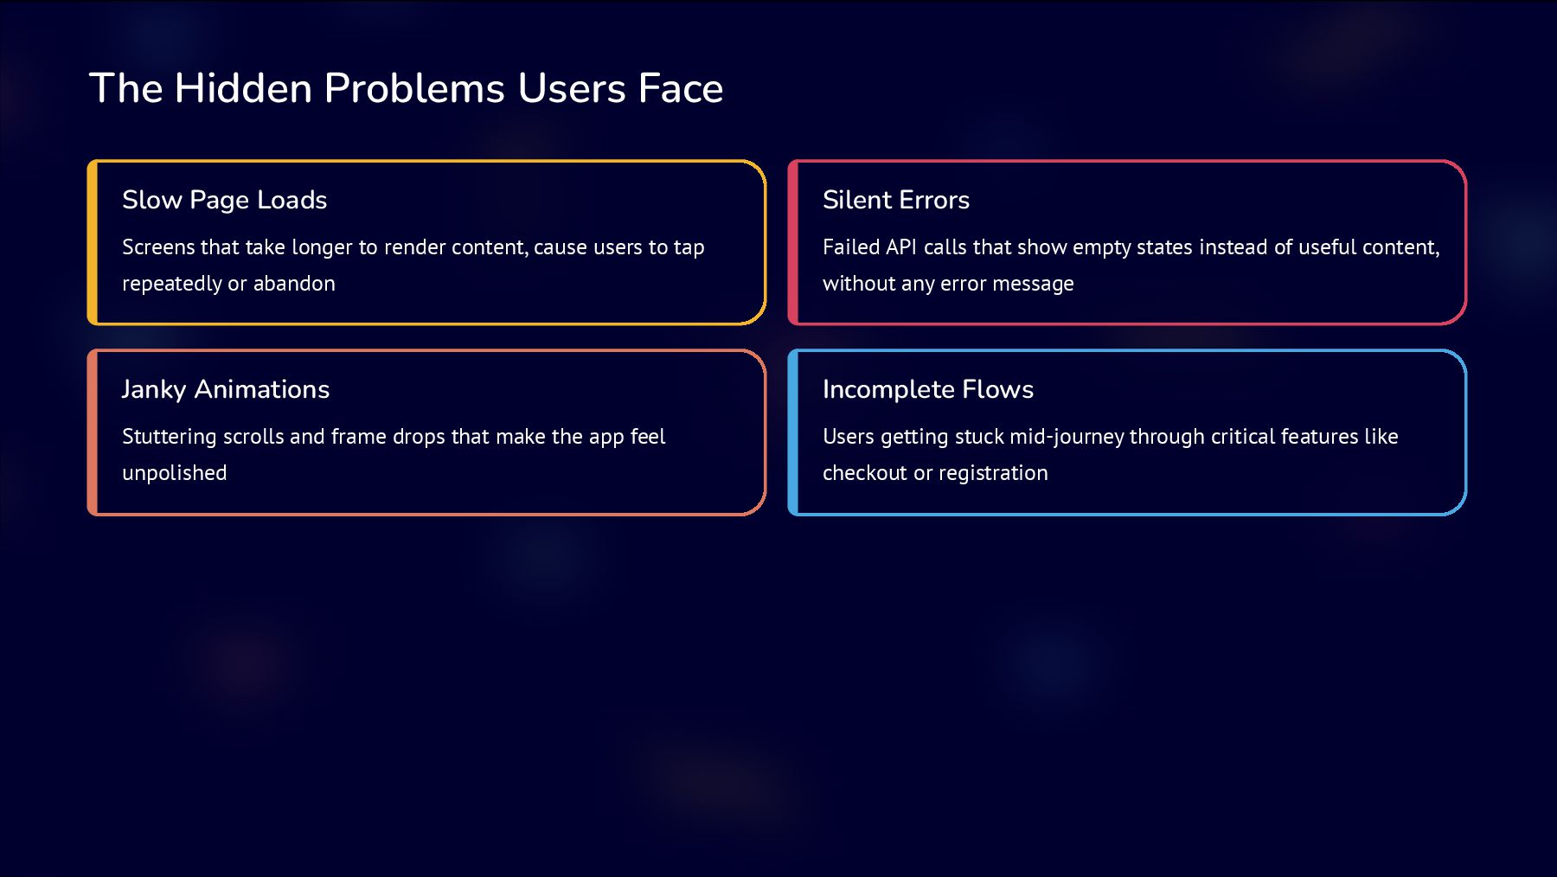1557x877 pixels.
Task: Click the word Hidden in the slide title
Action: (243, 88)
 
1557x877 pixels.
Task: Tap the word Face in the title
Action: (680, 88)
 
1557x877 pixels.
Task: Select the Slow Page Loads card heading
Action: (225, 200)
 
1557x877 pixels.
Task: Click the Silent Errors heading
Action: (896, 200)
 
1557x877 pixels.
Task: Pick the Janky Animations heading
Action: (226, 389)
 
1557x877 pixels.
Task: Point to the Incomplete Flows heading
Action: (928, 389)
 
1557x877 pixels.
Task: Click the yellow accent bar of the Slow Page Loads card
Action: (93, 242)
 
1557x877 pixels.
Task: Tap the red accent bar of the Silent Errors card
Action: (793, 242)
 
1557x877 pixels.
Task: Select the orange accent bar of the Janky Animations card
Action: (93, 432)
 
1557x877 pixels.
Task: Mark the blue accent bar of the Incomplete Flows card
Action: (793, 432)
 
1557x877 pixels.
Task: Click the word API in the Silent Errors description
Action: (901, 247)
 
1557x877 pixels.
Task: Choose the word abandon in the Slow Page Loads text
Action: (294, 284)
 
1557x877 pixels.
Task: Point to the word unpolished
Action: (175, 473)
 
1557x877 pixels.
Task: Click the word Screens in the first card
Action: (159, 247)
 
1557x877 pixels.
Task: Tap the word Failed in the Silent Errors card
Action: (851, 247)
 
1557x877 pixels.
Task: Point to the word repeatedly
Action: (171, 284)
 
